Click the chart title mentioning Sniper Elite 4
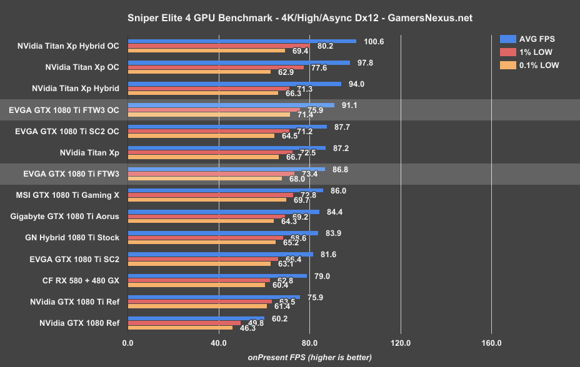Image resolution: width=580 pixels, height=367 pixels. [289, 18]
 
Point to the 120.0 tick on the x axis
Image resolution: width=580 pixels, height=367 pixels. [400, 343]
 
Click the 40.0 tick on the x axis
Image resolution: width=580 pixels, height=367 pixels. [219, 343]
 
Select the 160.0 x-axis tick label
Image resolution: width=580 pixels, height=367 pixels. [491, 343]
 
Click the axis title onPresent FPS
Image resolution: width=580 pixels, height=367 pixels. [309, 357]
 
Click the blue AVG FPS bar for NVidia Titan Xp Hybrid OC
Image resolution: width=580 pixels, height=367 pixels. [242, 41]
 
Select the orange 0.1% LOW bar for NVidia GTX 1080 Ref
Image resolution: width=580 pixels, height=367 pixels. [180, 328]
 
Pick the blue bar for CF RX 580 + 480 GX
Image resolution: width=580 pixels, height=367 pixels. [217, 275]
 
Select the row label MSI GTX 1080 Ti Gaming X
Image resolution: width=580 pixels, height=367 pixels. [67, 195]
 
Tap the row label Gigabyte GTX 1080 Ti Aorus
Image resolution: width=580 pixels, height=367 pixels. [64, 216]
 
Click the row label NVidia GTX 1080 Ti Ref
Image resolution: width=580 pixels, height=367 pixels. [75, 302]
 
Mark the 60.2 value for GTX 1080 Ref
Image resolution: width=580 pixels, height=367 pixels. [279, 318]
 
